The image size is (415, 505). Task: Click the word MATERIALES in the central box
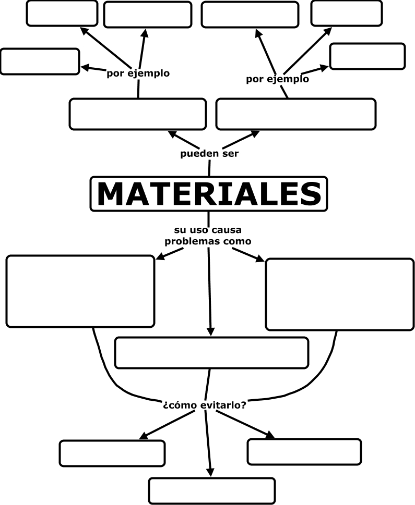[209, 194]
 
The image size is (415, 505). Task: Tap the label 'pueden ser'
[209, 154]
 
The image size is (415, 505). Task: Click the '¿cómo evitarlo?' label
[205, 404]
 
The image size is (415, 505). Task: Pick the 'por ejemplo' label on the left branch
[138, 73]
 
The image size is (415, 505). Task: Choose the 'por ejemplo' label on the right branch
[277, 79]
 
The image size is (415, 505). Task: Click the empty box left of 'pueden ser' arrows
[137, 114]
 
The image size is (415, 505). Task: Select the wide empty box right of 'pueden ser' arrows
[295, 114]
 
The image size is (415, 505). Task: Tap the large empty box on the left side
[80, 291]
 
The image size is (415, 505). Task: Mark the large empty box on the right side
[340, 294]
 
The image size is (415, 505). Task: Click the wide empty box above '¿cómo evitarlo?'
[211, 353]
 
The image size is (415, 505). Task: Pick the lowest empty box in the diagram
[211, 490]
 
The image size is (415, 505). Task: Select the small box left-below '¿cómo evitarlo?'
[112, 453]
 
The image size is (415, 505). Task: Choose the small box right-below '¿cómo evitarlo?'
[304, 452]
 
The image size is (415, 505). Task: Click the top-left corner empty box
[62, 14]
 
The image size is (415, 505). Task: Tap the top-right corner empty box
[346, 14]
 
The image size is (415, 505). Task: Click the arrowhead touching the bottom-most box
[211, 471]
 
